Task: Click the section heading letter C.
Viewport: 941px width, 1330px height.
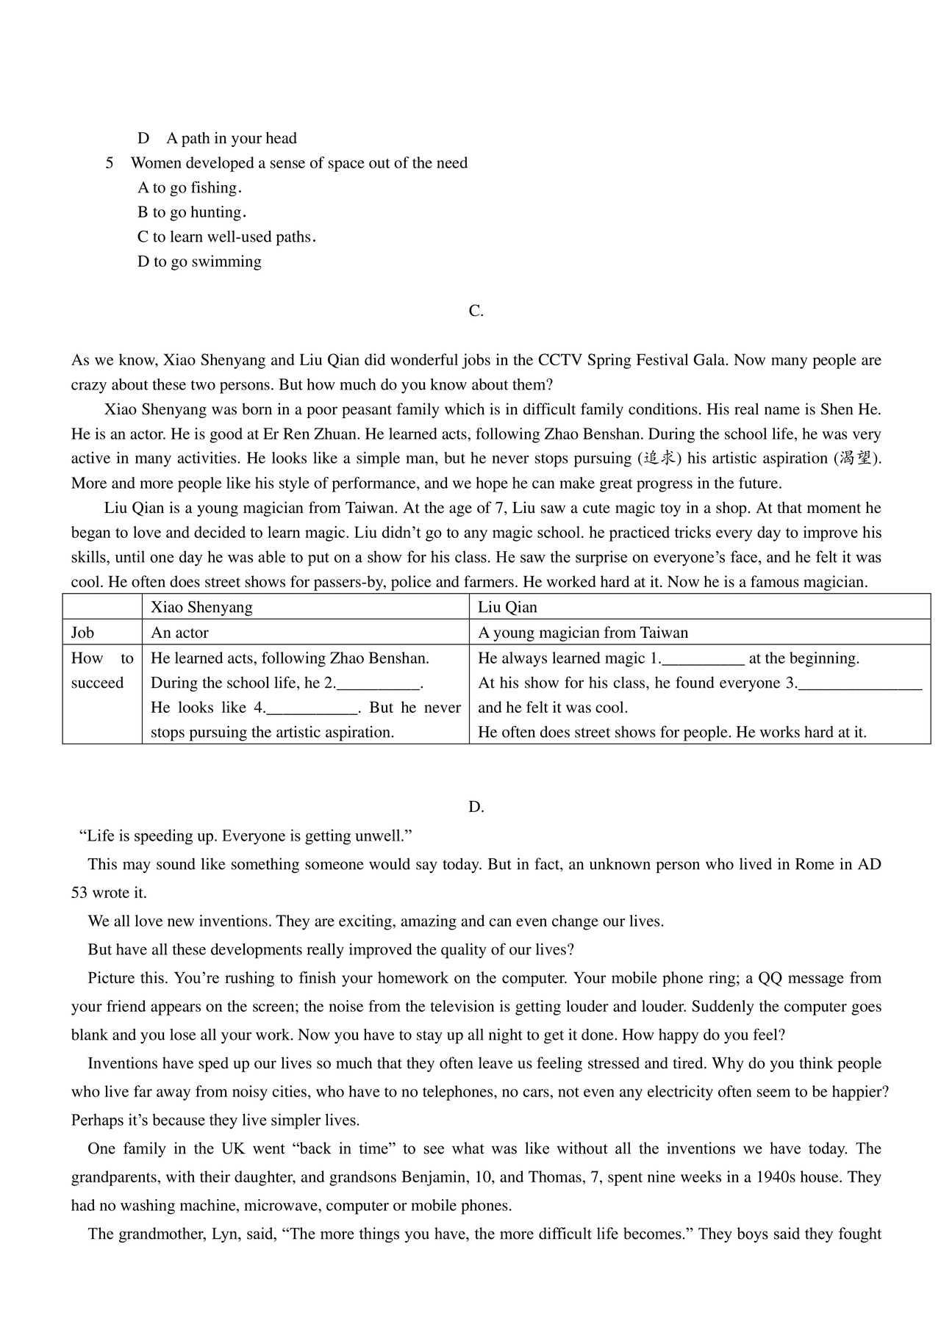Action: (476, 311)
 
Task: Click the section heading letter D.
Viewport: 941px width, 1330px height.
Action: (476, 807)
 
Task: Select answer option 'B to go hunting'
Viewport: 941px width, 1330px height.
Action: (191, 212)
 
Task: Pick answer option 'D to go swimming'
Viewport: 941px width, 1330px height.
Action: (199, 262)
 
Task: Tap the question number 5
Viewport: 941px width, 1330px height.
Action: (110, 163)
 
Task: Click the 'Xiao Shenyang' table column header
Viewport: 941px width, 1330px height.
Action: (201, 607)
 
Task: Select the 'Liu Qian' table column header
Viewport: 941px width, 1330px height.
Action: (507, 607)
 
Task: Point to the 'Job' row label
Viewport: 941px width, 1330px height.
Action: (82, 633)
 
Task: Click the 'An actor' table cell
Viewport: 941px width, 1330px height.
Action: (179, 633)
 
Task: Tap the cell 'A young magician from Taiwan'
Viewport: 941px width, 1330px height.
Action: (583, 633)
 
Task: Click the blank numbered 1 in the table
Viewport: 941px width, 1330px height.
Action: (704, 659)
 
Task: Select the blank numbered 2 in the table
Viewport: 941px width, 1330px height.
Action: (379, 684)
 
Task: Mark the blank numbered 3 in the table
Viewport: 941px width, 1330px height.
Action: (859, 684)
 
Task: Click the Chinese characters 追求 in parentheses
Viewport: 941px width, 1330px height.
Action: (659, 459)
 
